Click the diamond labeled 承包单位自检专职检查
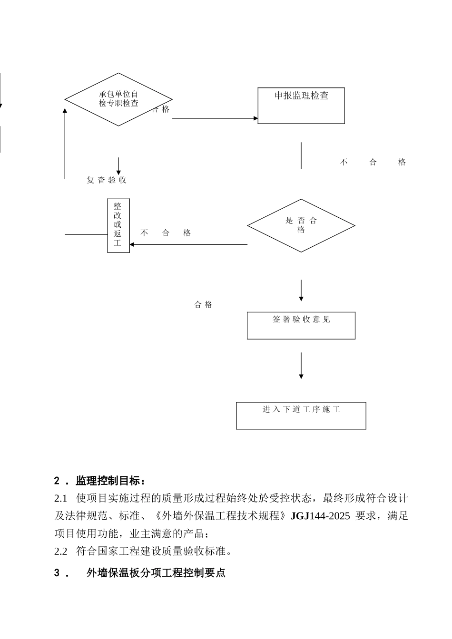118,99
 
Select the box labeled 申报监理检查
301,106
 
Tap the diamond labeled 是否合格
301,225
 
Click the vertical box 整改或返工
118,225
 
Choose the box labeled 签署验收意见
301,325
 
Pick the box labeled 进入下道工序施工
301,416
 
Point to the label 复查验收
107,180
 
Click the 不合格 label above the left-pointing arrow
166,233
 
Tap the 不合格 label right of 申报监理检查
373,162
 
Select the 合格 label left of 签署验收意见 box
204,305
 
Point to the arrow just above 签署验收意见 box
301,290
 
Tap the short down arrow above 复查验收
118,166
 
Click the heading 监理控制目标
109,481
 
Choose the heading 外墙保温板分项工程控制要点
156,573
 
